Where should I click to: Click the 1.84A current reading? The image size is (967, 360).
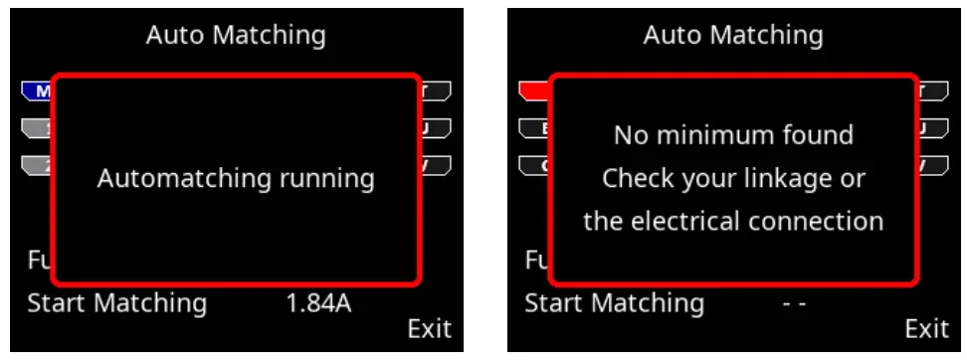[x=318, y=303]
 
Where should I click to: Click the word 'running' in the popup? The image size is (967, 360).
[x=326, y=179]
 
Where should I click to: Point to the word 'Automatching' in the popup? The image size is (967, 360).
[x=184, y=179]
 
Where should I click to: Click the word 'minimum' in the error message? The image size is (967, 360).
[x=711, y=134]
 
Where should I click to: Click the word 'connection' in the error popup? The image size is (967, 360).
[x=817, y=221]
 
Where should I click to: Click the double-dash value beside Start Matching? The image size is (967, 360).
[x=794, y=303]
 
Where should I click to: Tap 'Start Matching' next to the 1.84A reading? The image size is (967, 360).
[x=117, y=303]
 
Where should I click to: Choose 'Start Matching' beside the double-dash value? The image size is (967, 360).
[x=615, y=303]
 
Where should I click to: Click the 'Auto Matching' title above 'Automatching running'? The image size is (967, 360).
[x=236, y=36]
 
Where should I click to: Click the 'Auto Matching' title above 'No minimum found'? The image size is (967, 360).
[x=733, y=36]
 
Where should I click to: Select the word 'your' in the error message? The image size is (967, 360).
[x=708, y=179]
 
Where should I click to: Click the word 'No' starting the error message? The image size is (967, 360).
[x=629, y=134]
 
